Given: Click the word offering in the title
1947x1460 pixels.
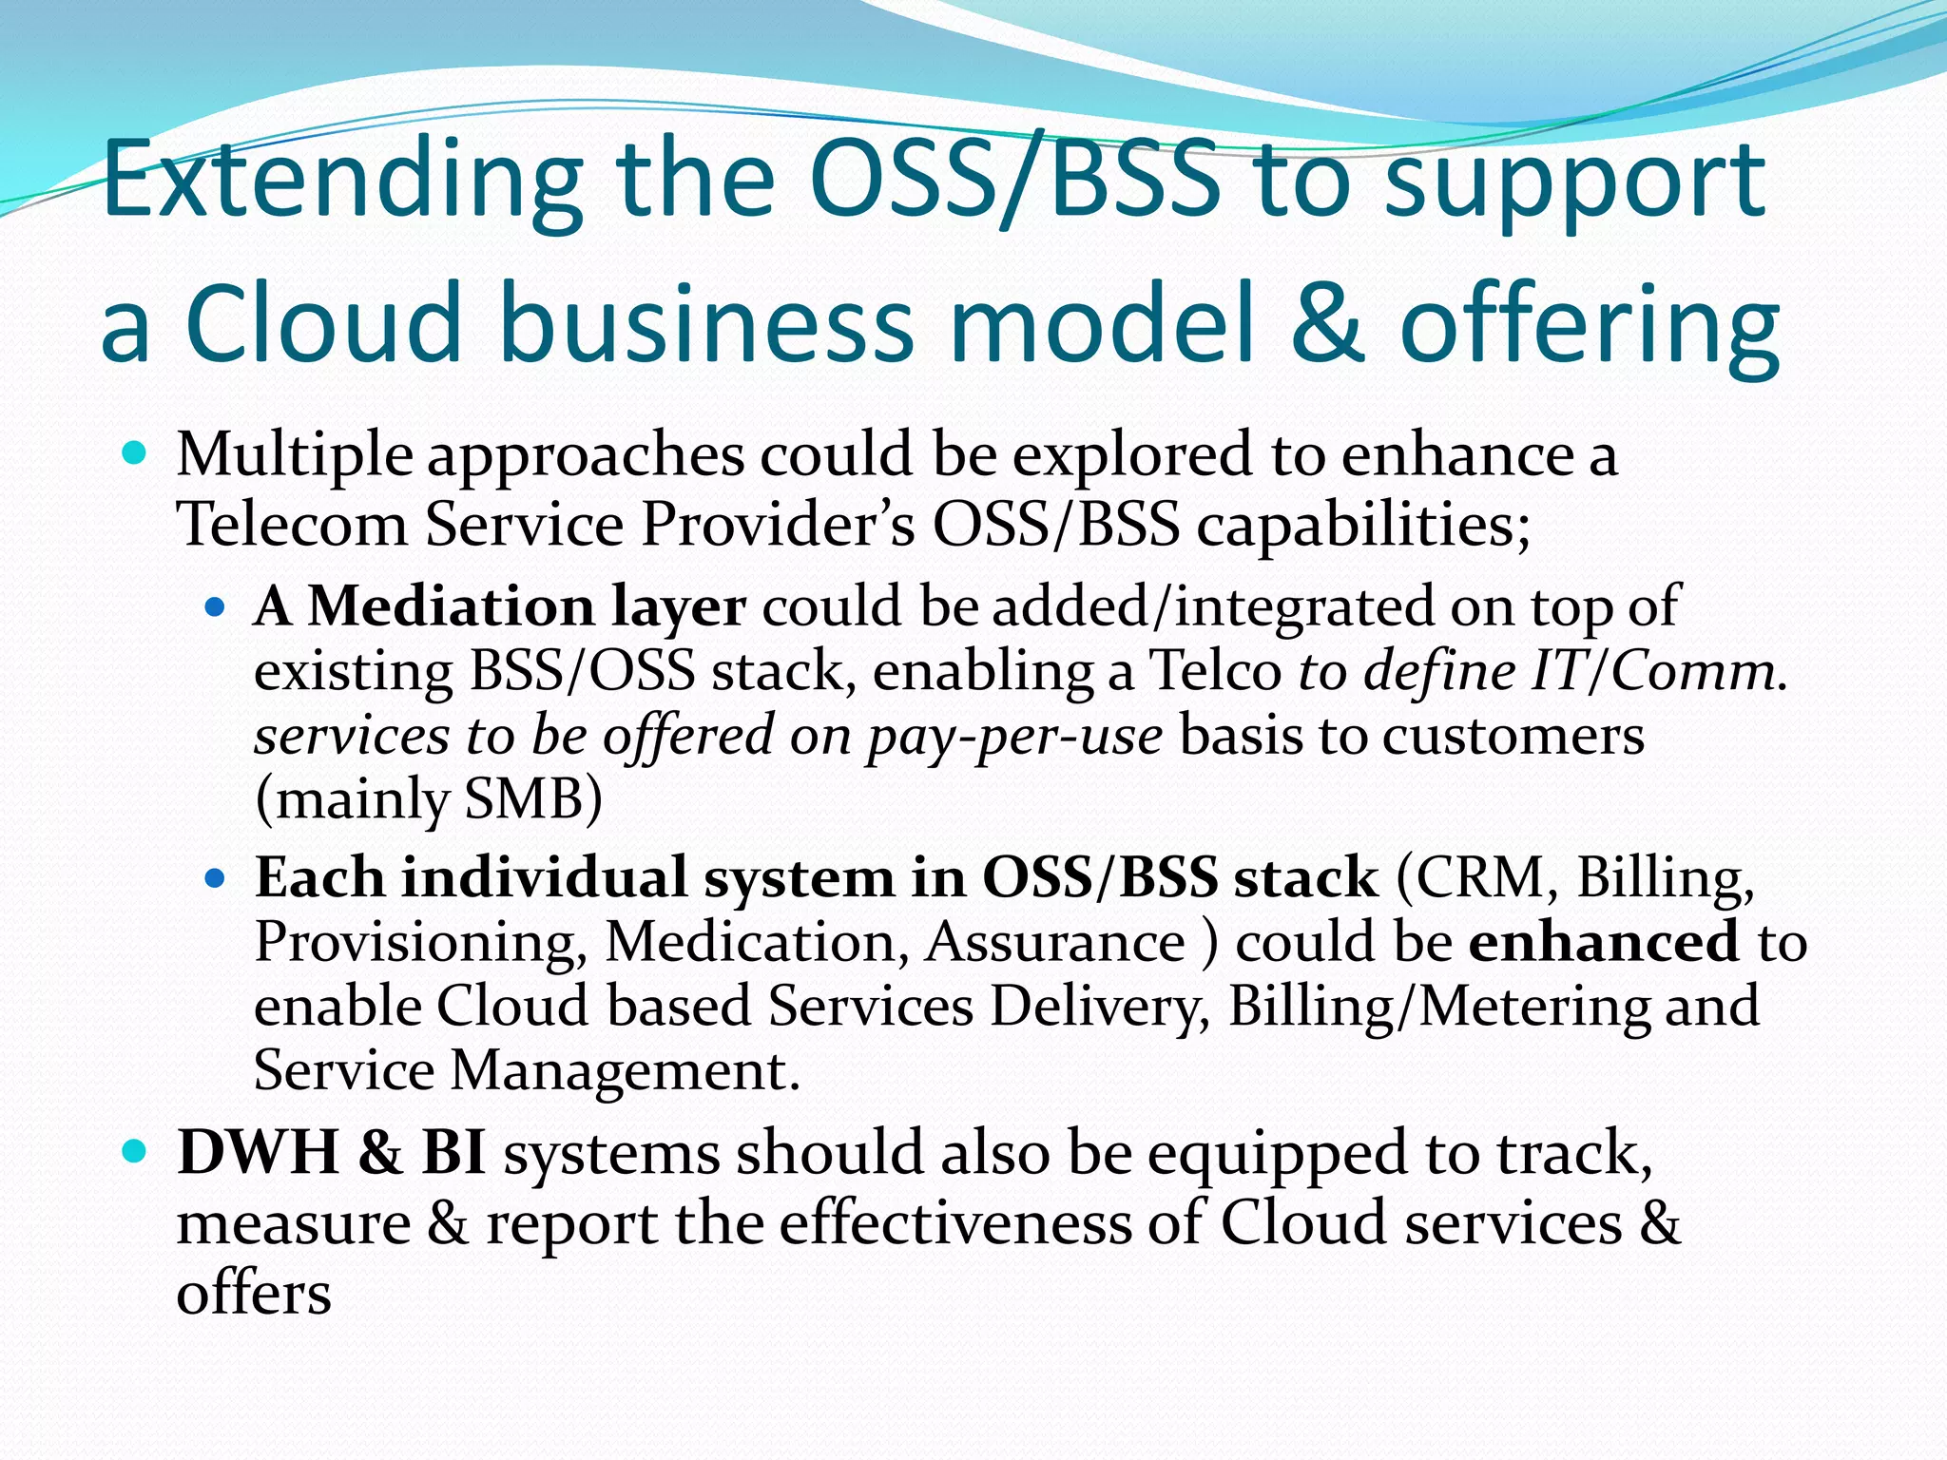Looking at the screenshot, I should coord(1590,328).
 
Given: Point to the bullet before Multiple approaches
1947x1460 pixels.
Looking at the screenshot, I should coord(135,453).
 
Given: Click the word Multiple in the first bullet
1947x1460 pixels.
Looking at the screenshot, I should coord(294,454).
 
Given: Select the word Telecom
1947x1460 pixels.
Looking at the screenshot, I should coord(293,524).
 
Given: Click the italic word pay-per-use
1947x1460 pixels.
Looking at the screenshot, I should coord(1013,737).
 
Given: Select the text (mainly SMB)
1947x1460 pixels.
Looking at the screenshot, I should coord(428,799).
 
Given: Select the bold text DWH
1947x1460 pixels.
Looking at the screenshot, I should coord(258,1153).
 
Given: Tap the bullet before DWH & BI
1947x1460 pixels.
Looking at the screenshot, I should coord(135,1153).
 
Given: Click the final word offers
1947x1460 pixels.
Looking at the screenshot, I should coord(253,1294).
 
